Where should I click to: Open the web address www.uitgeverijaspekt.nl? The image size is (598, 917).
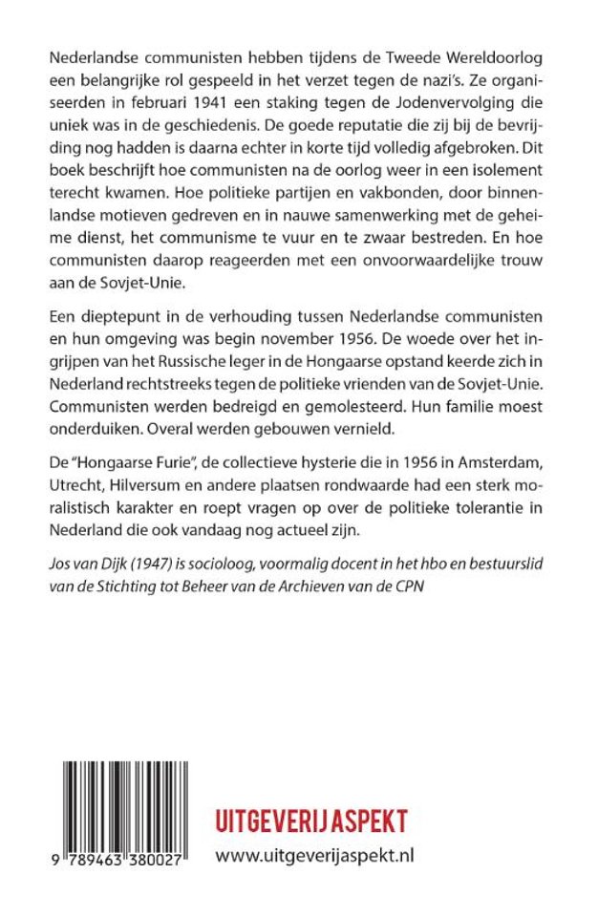(314, 857)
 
